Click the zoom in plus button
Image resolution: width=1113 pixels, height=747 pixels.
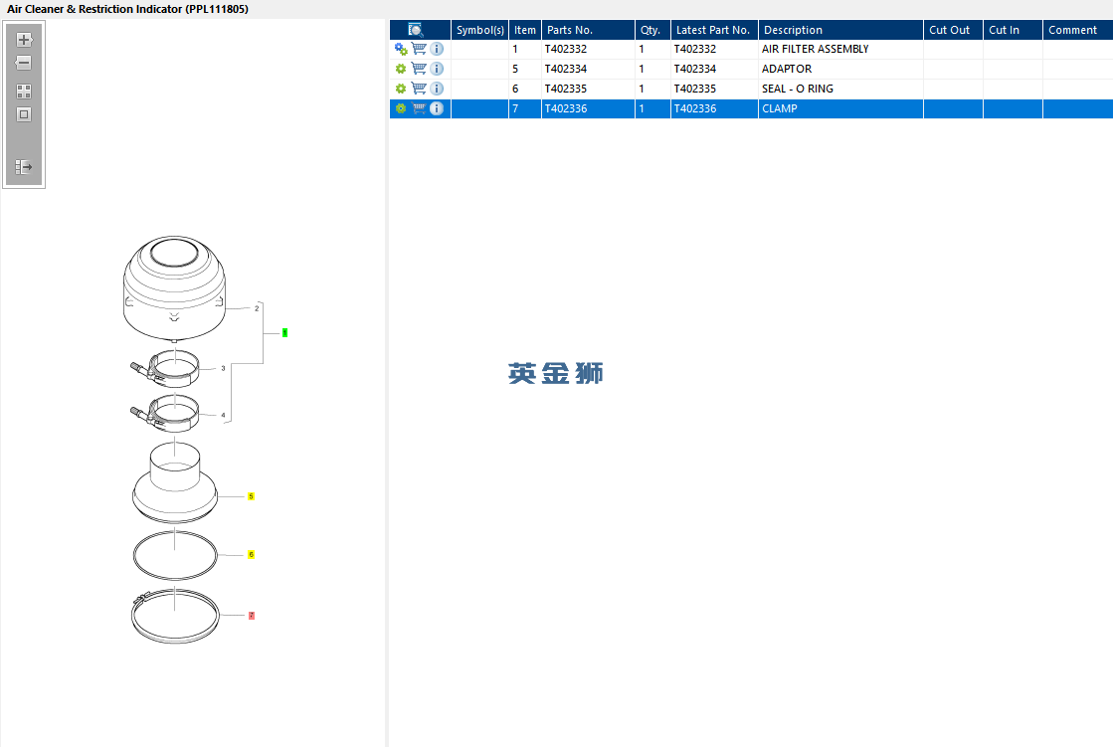24,40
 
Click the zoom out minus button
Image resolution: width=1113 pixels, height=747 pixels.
24,63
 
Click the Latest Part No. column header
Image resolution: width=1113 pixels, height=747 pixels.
714,30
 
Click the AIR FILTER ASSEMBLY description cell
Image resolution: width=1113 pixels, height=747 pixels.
815,49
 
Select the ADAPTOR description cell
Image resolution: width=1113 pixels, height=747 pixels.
787,69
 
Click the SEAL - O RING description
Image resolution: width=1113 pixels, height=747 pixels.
797,89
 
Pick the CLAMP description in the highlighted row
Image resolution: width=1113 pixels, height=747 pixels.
780,108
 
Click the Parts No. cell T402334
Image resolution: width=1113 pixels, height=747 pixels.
566,69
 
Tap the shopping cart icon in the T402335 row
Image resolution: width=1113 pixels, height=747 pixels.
419,89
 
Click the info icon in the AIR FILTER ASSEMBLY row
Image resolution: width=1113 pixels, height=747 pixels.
437,49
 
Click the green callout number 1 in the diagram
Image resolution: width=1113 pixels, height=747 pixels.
284,332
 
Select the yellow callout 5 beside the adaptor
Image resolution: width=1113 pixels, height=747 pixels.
251,496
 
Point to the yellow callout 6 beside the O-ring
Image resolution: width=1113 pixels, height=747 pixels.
251,555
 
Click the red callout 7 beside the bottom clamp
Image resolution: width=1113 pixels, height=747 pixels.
252,616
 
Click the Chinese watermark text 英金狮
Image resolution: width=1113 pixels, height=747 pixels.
555,374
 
